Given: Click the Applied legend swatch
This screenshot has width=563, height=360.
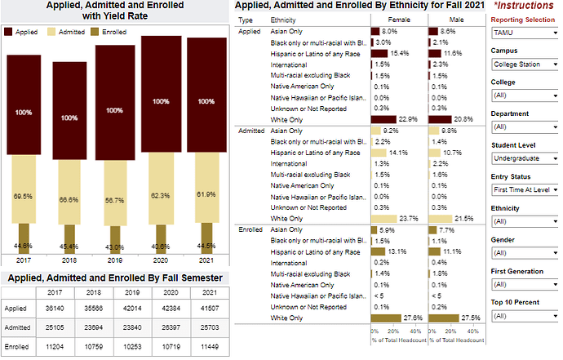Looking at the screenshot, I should click(x=9, y=32).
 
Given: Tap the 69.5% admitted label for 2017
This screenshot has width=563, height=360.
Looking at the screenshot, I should click(x=22, y=197).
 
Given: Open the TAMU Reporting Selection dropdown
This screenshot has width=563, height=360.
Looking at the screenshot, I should click(x=524, y=33).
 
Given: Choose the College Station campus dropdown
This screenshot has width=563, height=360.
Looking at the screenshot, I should click(x=524, y=64).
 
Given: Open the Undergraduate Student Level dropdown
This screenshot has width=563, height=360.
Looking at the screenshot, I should click(x=524, y=158).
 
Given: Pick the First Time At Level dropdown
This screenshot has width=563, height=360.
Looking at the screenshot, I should click(x=524, y=189).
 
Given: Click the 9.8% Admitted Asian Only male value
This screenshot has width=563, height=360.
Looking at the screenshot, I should click(x=450, y=130).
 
